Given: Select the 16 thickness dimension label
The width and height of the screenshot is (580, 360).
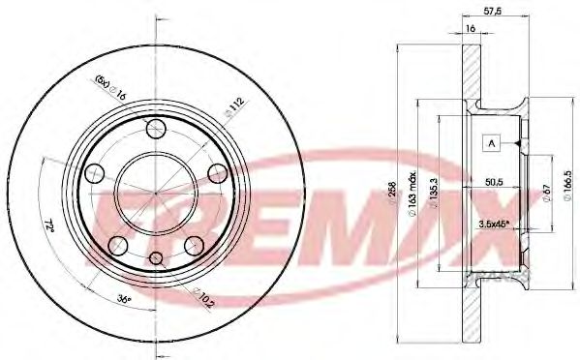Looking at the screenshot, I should (x=469, y=31).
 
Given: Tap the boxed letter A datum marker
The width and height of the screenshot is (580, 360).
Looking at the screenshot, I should (x=492, y=144).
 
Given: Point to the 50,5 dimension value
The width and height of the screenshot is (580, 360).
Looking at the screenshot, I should (x=496, y=180).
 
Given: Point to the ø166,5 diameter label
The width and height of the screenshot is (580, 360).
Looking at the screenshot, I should (x=570, y=184).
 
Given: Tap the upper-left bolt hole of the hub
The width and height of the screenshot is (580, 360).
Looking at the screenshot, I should (x=94, y=173).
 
